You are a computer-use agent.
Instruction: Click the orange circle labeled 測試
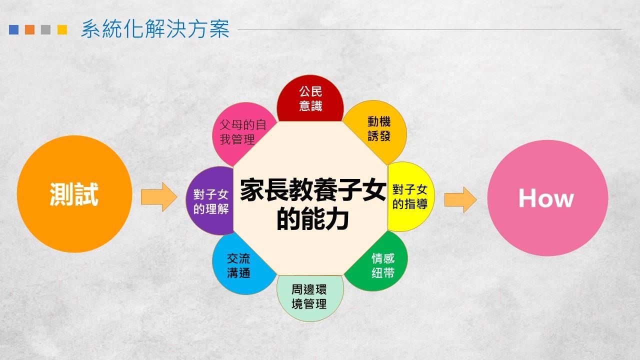pos(74,194)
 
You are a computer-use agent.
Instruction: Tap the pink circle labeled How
pos(547,198)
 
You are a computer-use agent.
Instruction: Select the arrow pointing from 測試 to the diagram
pos(159,197)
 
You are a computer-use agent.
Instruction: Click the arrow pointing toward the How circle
pos(460,199)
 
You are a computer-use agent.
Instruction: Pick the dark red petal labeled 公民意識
pos(310,98)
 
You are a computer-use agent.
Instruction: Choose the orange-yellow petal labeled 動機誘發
pos(378,128)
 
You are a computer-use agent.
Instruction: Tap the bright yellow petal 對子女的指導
pos(410,197)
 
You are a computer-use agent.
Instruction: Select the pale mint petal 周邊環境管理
pos(310,297)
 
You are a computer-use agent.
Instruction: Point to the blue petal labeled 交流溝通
pos(240,265)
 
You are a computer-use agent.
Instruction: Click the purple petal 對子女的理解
pos(210,201)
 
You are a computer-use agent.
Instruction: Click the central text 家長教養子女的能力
pos(313,204)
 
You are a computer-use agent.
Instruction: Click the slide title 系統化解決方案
pos(155,29)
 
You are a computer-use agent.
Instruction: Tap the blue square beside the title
pos(13,29)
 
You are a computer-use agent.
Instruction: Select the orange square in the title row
pos(29,29)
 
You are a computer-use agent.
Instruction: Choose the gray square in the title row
pos(45,29)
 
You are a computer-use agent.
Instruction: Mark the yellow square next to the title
pos(62,29)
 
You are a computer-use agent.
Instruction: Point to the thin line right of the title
pos(429,29)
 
